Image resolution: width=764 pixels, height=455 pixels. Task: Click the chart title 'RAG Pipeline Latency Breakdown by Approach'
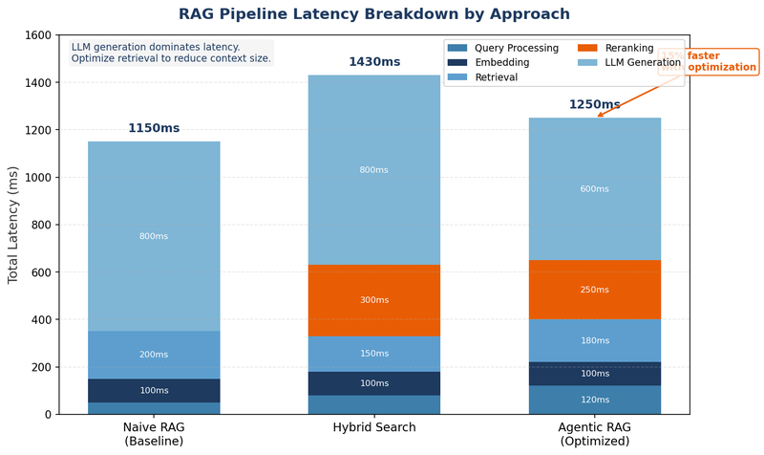click(373, 14)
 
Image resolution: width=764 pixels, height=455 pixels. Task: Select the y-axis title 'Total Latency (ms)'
click(13, 225)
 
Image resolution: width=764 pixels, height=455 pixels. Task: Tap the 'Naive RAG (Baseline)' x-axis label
click(154, 434)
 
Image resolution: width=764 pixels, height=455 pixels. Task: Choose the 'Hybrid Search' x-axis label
click(373, 427)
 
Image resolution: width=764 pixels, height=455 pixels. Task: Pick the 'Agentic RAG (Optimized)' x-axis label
click(594, 434)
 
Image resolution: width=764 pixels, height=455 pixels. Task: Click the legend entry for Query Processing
click(514, 47)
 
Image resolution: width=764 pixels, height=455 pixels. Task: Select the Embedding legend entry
click(501, 62)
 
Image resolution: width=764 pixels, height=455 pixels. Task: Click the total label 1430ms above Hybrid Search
click(374, 62)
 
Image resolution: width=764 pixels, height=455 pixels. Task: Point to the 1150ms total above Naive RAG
click(154, 128)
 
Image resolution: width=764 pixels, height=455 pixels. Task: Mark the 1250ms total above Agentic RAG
click(594, 104)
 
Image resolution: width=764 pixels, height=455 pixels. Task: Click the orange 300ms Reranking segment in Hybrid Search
click(373, 300)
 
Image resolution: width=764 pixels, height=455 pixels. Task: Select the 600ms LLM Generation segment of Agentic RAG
click(594, 189)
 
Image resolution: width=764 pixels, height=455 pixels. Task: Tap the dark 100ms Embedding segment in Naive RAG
click(154, 391)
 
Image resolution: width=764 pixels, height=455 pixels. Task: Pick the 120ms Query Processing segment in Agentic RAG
click(594, 400)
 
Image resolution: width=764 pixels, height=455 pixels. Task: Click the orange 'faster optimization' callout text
click(721, 62)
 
